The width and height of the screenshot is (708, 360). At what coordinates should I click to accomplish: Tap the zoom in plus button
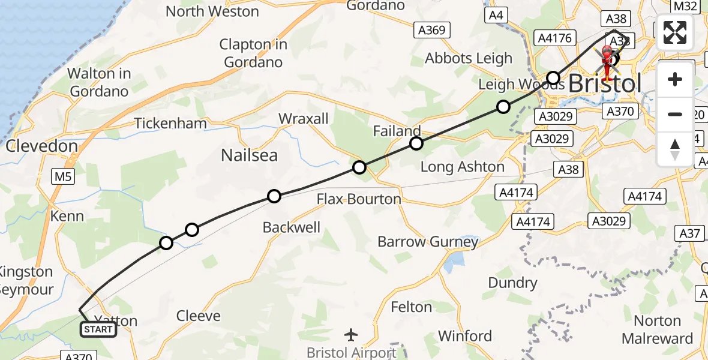point(675,80)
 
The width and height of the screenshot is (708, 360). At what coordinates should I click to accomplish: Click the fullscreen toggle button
point(675,32)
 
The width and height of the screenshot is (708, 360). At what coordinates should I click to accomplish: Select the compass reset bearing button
point(675,149)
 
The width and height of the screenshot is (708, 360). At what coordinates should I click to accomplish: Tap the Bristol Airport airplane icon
point(352,334)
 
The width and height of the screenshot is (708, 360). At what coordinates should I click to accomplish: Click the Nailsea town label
point(249,155)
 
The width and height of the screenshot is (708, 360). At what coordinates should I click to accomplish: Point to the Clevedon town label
point(41,146)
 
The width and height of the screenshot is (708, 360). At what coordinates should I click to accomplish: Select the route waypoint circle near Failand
point(416,143)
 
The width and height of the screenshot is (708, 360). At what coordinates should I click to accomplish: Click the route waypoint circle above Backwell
point(274,196)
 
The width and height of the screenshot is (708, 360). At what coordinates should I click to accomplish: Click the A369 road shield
point(431,29)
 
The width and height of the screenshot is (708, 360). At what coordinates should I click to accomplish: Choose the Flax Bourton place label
point(359,199)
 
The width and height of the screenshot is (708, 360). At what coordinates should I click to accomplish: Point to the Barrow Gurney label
point(428,242)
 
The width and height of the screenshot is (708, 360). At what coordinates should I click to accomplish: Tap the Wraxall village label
point(304,119)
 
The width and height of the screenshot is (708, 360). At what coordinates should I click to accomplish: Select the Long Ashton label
point(462,167)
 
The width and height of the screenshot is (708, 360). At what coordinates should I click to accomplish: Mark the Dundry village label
point(512,283)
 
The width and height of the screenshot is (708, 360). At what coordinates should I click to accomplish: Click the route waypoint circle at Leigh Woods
point(553,78)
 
